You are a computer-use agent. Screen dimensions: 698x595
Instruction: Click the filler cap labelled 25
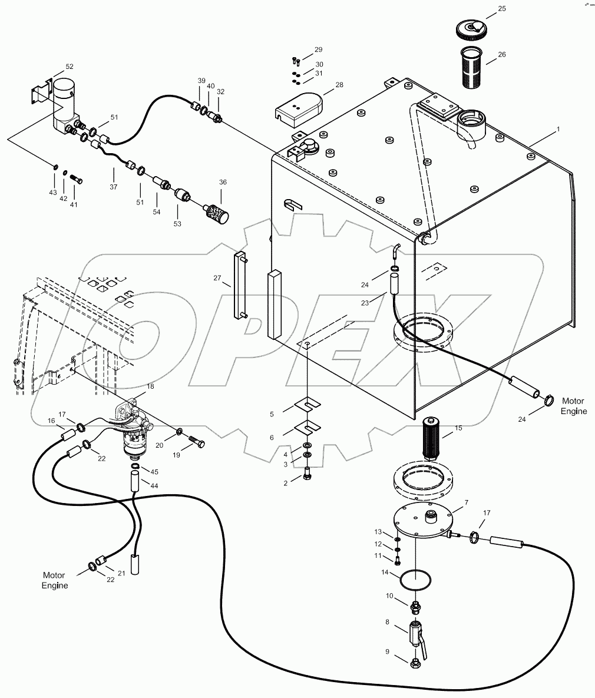click(471, 29)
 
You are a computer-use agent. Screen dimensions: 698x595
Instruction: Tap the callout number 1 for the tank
click(558, 128)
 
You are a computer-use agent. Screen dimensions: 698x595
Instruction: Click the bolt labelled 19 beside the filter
click(196, 441)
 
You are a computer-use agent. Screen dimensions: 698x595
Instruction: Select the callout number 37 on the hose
click(113, 187)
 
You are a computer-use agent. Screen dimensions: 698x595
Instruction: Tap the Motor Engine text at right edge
click(573, 406)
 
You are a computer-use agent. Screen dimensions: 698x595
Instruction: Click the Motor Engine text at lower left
click(54, 580)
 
